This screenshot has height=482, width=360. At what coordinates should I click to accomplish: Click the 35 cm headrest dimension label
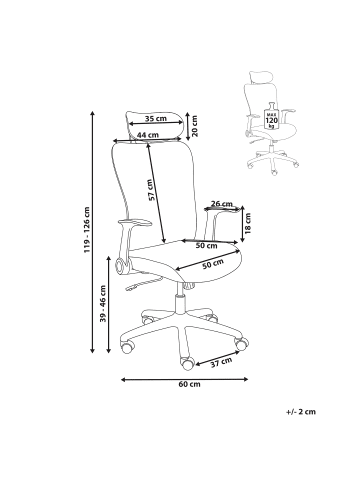[156, 118]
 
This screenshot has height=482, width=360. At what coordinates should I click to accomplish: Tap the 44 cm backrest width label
[148, 135]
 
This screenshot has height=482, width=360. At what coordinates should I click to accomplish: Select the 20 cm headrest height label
[195, 126]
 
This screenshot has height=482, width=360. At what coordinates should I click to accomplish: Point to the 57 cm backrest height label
[150, 190]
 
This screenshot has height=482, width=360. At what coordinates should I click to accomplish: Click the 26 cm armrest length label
[222, 204]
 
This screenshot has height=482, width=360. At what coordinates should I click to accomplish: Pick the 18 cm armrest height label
[247, 224]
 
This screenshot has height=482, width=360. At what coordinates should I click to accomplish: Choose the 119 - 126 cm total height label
[87, 230]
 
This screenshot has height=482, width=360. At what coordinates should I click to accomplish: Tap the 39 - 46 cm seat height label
[103, 303]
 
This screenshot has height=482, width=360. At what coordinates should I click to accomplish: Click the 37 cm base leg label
[221, 362]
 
